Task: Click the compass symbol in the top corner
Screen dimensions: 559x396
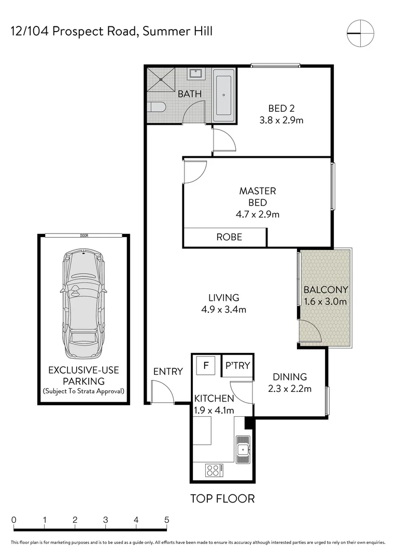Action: (360, 33)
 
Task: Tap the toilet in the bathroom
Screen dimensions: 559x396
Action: (155, 108)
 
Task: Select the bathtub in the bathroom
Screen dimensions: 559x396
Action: (224, 95)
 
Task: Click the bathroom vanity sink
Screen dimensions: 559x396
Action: (195, 73)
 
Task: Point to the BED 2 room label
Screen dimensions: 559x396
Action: (281, 109)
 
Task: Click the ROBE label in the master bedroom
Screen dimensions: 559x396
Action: (229, 237)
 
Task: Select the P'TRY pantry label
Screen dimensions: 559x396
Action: (237, 366)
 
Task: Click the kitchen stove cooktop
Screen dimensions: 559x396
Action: (214, 470)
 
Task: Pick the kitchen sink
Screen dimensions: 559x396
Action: (242, 448)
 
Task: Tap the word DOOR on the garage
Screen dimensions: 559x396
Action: (84, 236)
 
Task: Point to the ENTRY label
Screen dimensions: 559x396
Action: (168, 371)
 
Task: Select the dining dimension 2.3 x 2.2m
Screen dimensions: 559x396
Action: (290, 389)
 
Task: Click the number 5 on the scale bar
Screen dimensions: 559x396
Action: (166, 520)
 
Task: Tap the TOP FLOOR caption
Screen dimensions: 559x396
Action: (222, 498)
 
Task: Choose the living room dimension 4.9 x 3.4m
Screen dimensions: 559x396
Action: (224, 310)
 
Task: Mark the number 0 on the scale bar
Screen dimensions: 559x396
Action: (14, 520)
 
